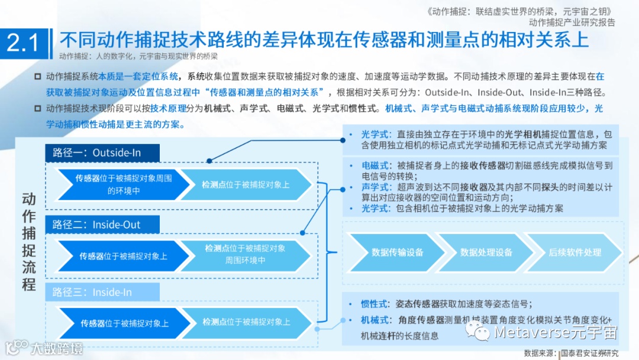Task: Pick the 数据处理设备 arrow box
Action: pyautogui.click(x=486, y=252)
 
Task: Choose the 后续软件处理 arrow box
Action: pyautogui.click(x=574, y=252)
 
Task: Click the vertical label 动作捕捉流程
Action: pyautogui.click(x=29, y=241)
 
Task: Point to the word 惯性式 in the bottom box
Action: pyautogui.click(x=376, y=304)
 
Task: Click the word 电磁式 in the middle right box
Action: pyautogui.click(x=376, y=165)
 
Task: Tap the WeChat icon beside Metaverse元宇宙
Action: pyautogui.click(x=477, y=332)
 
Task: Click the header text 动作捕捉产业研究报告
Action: pyautogui.click(x=572, y=22)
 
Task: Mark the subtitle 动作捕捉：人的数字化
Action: pyautogui.click(x=95, y=57)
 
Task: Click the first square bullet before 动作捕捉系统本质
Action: pyautogui.click(x=37, y=76)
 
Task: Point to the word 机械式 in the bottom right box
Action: pyautogui.click(x=376, y=320)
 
